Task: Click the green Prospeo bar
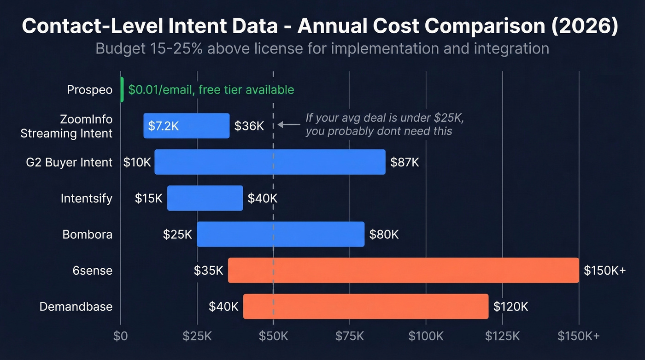[122, 89]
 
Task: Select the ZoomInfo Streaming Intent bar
[186, 125]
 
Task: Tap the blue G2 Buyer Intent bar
[270, 162]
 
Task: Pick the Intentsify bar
[205, 198]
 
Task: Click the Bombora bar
[281, 234]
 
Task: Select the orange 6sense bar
[403, 270]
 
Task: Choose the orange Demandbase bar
[366, 306]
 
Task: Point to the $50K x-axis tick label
[273, 336]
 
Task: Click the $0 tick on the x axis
[121, 336]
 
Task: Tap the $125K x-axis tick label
[502, 336]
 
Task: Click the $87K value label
[405, 162]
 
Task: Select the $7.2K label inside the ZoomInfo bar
[163, 126]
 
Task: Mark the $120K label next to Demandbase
[510, 307]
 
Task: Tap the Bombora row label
[88, 234]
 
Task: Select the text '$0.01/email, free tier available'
[211, 89]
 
